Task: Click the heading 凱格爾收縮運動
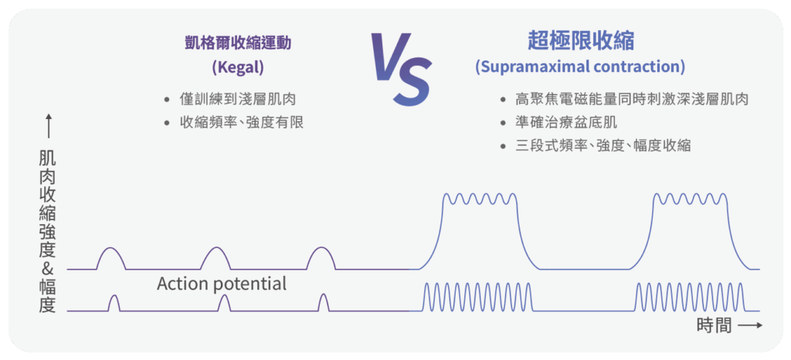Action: point(237,43)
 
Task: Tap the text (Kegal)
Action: point(237,67)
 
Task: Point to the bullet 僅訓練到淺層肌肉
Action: point(237,98)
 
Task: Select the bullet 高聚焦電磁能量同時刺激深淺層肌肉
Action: point(631,99)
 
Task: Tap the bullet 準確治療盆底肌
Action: point(566,121)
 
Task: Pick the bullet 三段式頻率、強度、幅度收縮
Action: point(603,144)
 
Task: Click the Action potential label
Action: point(222,284)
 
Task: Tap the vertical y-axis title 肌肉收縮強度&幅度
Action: point(47,232)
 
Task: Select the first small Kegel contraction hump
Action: point(110,258)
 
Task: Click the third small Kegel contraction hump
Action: point(321,258)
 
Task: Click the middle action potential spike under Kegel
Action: point(223,303)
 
